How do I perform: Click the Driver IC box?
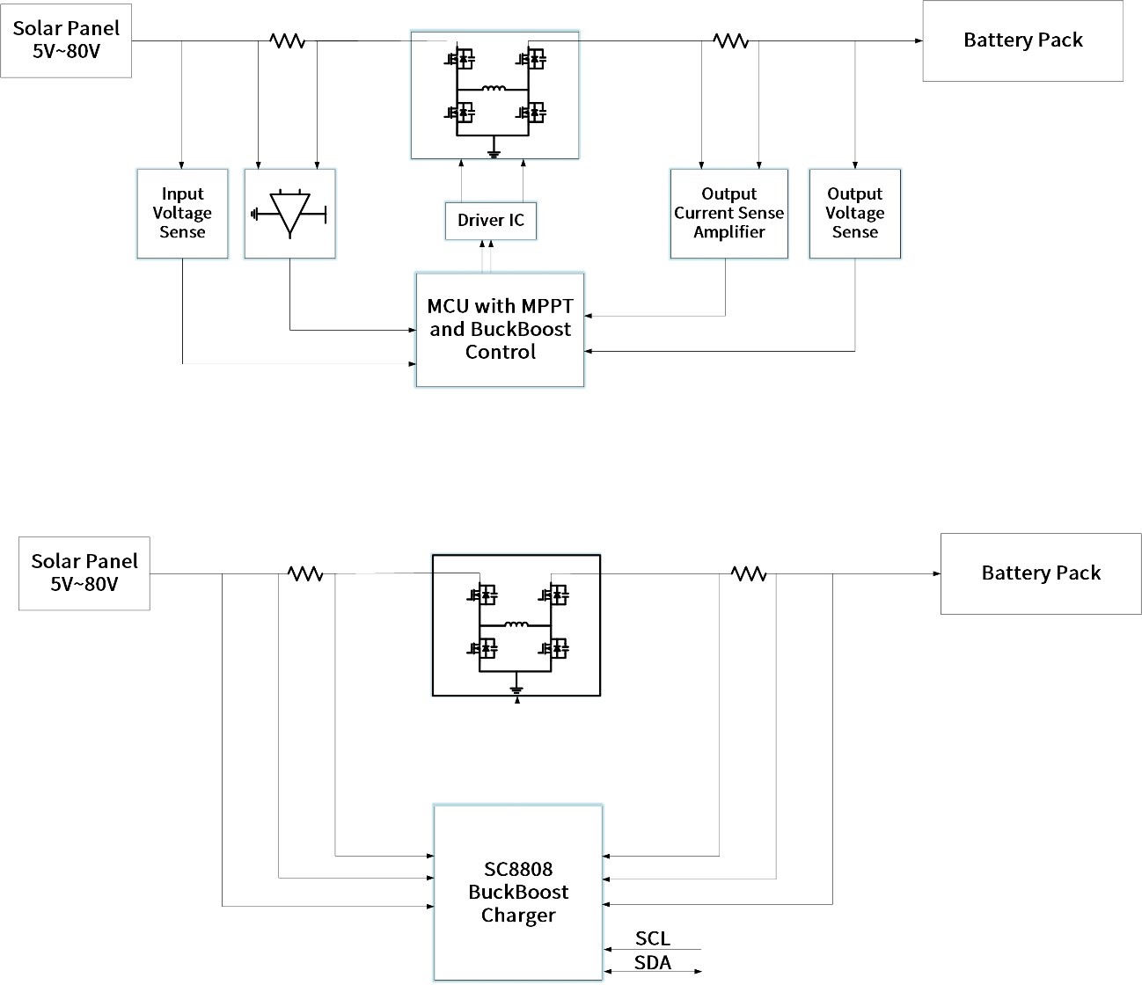(491, 220)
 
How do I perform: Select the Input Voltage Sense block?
(182, 214)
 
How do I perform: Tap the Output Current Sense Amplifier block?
(728, 214)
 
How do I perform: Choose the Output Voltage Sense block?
(854, 214)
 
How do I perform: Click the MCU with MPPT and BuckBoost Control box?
(500, 330)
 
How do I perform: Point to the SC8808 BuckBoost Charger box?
(518, 892)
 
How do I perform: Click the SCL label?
(652, 938)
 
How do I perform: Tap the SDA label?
(652, 963)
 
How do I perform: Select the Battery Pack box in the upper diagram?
(1022, 40)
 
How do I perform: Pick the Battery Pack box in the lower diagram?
(1041, 573)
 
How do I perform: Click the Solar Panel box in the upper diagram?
(66, 40)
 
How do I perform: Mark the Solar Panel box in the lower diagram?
(84, 573)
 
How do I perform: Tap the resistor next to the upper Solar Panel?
(287, 40)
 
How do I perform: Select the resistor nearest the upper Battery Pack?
(730, 40)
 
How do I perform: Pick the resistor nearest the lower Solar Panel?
(305, 573)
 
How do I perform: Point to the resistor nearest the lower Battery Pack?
(749, 573)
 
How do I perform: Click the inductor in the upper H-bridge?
(493, 88)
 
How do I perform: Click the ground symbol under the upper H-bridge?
(494, 153)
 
